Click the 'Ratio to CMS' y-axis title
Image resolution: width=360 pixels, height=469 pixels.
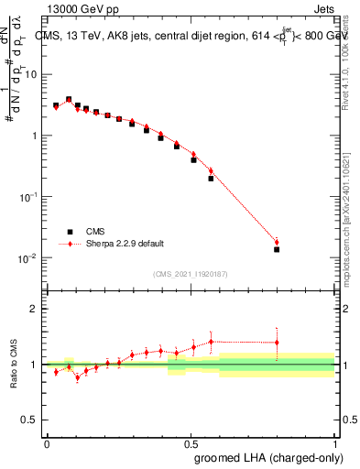[x=14, y=364]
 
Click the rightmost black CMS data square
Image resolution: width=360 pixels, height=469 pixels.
[x=277, y=249]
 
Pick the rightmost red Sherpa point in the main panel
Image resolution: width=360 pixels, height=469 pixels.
[x=277, y=242]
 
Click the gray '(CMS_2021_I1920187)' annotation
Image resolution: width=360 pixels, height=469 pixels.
[x=190, y=273]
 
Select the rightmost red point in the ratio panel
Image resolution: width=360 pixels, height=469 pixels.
[x=277, y=343]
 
